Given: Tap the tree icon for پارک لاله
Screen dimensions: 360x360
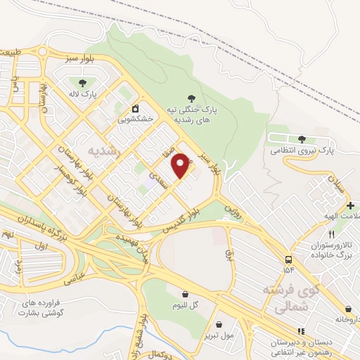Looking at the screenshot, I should tap(83, 83).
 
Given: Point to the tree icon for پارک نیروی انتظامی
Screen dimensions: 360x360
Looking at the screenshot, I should tap(302, 139).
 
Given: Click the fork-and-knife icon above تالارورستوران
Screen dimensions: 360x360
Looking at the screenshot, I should tap(330, 234).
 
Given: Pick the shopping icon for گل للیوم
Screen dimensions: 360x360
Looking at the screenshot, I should tap(185, 294).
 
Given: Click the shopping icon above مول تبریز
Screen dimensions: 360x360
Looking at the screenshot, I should tap(221, 324).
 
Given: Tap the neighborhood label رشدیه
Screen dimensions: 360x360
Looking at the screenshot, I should tap(104, 151).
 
